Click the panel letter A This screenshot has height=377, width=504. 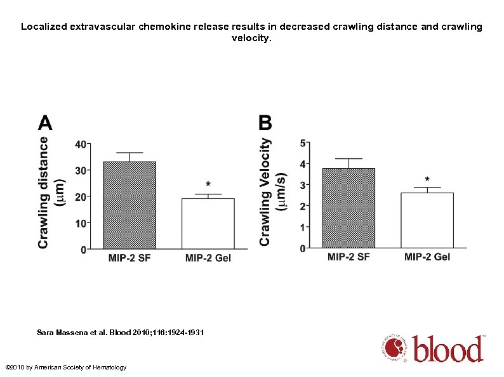click(45, 122)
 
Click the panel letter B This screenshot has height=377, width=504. click(265, 122)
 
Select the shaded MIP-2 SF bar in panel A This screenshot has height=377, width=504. click(129, 205)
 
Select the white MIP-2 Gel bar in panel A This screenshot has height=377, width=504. click(208, 223)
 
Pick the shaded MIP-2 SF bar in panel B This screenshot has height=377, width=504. click(348, 207)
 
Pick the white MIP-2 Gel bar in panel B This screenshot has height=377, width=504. click(427, 220)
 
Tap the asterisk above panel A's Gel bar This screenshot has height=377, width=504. click(208, 185)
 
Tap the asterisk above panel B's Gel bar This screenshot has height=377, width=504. click(427, 180)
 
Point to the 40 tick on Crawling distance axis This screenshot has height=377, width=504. click(81, 144)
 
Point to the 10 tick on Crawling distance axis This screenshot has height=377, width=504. click(81, 223)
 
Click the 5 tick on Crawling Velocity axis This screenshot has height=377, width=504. click(303, 143)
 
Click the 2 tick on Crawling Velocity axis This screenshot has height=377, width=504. click(303, 206)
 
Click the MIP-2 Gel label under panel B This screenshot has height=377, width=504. click(427, 257)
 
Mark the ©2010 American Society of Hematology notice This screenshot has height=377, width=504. click(65, 367)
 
